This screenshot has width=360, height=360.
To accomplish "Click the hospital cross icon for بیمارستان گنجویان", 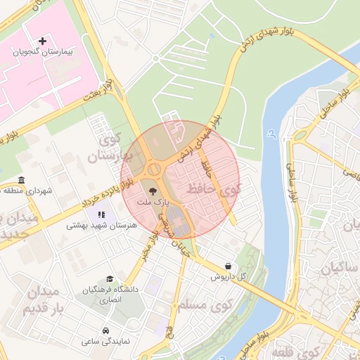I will (x=43, y=41).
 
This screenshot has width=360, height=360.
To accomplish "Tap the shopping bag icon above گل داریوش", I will (x=229, y=266).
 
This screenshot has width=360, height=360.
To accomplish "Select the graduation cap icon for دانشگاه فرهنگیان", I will (x=108, y=279).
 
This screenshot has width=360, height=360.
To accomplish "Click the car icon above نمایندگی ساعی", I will (x=105, y=330).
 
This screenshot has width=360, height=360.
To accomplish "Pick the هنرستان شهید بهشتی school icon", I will (x=101, y=214).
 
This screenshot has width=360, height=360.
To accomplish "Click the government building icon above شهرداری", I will (x=22, y=179).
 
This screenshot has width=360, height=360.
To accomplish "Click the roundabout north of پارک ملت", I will (x=153, y=169).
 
